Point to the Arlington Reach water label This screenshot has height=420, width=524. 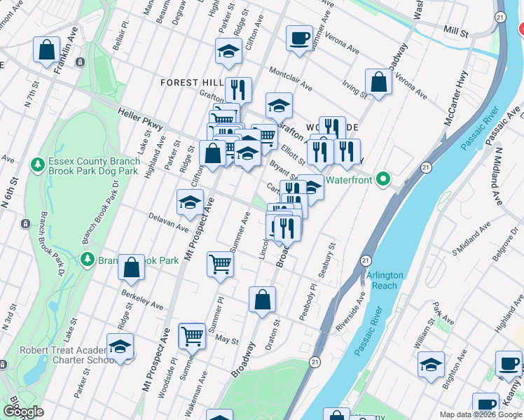385,280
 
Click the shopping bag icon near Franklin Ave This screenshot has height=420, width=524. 46,50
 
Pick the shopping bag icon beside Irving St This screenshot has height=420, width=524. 378,82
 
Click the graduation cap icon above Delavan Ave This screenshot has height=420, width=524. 190,202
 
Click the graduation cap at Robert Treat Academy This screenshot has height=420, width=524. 120,347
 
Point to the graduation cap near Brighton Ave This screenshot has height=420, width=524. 431,364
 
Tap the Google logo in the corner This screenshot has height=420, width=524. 23,412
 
